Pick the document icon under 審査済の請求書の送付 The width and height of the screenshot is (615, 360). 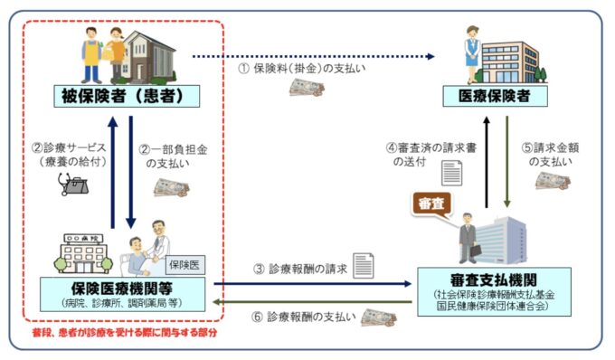(450, 172)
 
